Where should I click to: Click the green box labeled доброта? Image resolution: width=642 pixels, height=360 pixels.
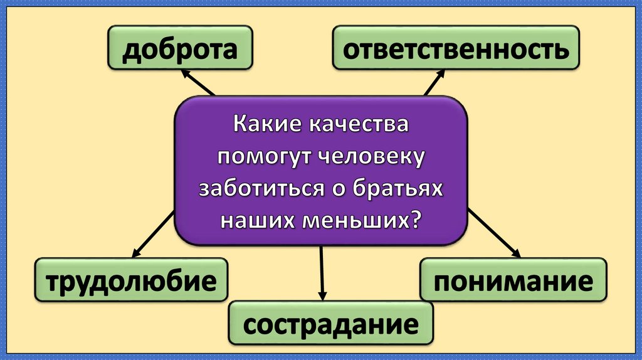[x=180, y=48]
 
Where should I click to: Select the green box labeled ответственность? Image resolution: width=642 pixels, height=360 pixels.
[x=455, y=48]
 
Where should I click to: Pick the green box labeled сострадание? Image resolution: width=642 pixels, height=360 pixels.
[x=330, y=324]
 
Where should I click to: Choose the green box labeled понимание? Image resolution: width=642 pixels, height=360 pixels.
[x=513, y=280]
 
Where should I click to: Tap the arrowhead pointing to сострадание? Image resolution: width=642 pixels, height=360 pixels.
[x=323, y=294]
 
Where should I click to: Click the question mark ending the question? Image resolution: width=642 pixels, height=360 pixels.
[x=414, y=220]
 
